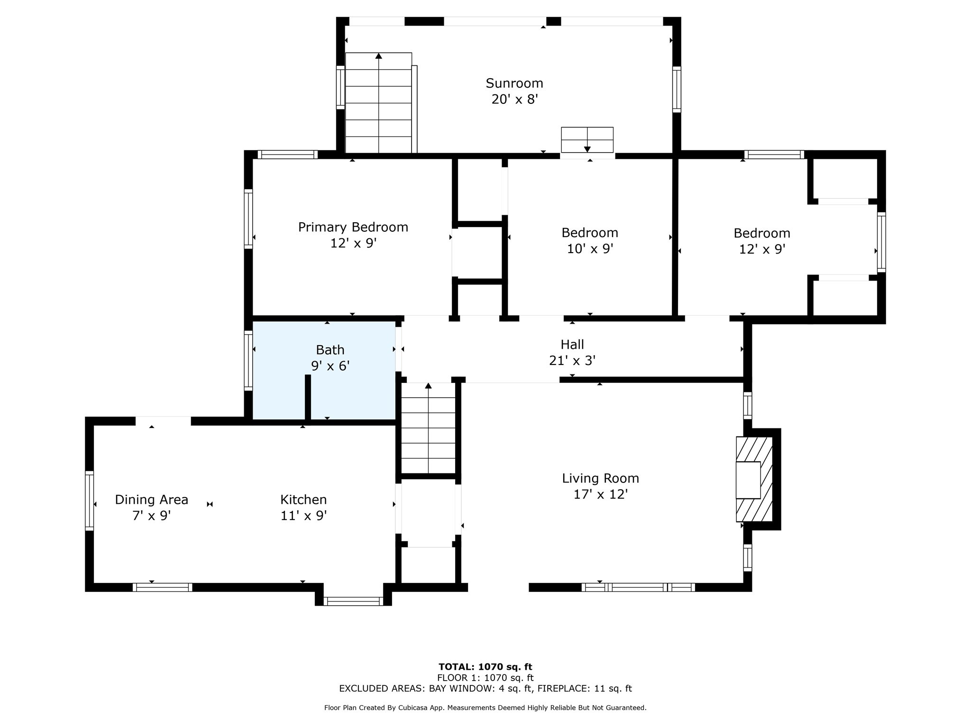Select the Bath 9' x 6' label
330,358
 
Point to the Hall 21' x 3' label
572,353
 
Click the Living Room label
601,486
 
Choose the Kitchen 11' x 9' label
303,508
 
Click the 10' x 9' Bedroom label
590,241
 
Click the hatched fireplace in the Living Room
754,479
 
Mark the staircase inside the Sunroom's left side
378,103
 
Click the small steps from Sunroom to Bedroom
587,140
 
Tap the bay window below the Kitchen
353,601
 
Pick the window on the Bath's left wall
248,361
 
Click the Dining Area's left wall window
89,500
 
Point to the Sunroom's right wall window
677,90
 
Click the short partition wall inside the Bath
308,397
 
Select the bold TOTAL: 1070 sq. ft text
485,667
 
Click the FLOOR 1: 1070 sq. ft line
485,678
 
